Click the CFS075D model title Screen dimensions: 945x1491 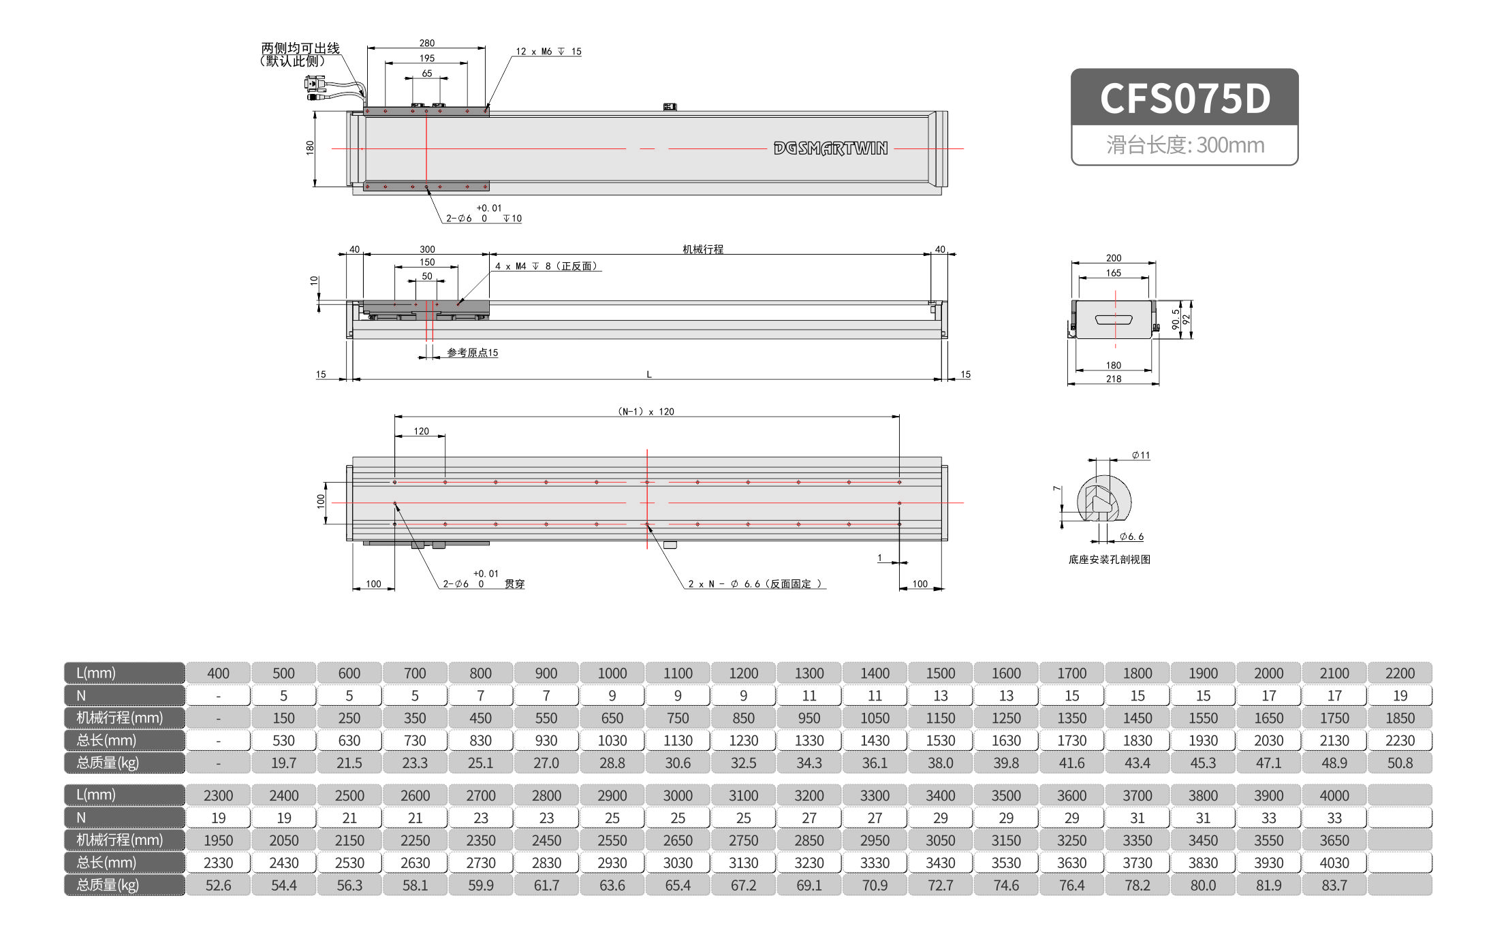pyautogui.click(x=1184, y=98)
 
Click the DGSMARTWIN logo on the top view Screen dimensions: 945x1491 pyautogui.click(x=830, y=148)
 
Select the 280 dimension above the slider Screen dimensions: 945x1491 pyautogui.click(x=426, y=43)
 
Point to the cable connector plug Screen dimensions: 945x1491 pyautogui.click(x=314, y=84)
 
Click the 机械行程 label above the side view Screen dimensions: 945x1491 pyautogui.click(x=703, y=249)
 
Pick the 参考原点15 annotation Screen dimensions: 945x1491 pyautogui.click(x=472, y=353)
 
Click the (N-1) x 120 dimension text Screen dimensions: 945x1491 pyautogui.click(x=646, y=411)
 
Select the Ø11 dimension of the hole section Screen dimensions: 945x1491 pyautogui.click(x=1141, y=455)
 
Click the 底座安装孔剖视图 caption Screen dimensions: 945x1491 pyautogui.click(x=1109, y=560)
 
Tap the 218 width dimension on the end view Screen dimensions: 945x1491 pyautogui.click(x=1114, y=379)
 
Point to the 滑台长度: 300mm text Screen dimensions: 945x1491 pyautogui.click(x=1184, y=145)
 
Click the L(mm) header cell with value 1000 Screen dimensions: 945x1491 pyautogui.click(x=612, y=673)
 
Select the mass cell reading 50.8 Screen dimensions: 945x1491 pyautogui.click(x=1400, y=763)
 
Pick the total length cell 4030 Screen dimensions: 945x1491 pyautogui.click(x=1334, y=863)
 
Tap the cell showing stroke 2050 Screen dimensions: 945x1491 pyautogui.click(x=283, y=840)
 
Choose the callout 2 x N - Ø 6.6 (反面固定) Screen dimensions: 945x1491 pyautogui.click(x=755, y=584)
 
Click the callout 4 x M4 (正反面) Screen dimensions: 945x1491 pyautogui.click(x=546, y=266)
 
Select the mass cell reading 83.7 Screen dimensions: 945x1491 pyautogui.click(x=1334, y=885)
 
